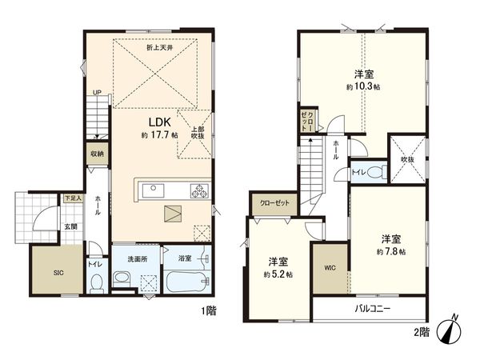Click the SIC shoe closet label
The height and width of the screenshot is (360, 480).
pos(58,273)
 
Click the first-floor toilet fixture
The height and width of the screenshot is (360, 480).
pos(96,282)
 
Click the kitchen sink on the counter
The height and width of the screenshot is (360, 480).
pos(154,190)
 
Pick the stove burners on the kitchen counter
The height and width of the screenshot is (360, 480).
pos(198,190)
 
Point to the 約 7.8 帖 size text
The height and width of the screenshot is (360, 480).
pos(391,250)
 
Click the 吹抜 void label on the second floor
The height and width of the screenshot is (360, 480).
pos(408,159)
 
